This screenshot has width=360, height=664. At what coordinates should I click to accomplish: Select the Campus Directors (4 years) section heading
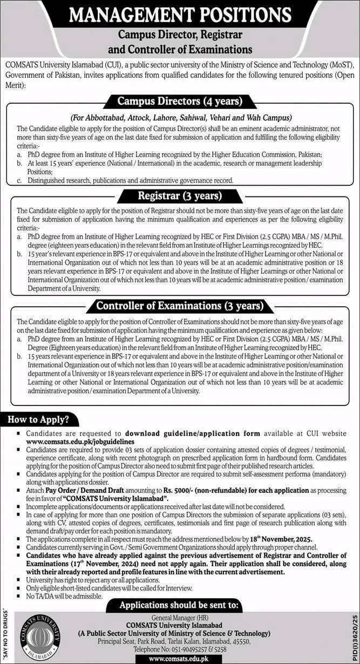pyautogui.click(x=180, y=101)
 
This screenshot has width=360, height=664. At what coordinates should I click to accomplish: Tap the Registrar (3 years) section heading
pyautogui.click(x=180, y=195)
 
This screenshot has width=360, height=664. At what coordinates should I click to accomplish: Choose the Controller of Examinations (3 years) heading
pyautogui.click(x=180, y=306)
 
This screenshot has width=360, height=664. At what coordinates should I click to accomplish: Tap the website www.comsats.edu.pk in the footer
pyautogui.click(x=179, y=659)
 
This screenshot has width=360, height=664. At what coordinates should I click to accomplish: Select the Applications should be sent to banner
pyautogui.click(x=180, y=605)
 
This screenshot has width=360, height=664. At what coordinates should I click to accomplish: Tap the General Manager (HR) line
pyautogui.click(x=180, y=618)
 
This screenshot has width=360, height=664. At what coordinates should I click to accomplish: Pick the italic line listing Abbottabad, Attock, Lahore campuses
pyautogui.click(x=180, y=117)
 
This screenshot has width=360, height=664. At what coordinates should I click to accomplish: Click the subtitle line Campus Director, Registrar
pyautogui.click(x=180, y=36)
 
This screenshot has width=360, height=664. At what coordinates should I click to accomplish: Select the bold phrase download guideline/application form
pyautogui.click(x=192, y=433)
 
